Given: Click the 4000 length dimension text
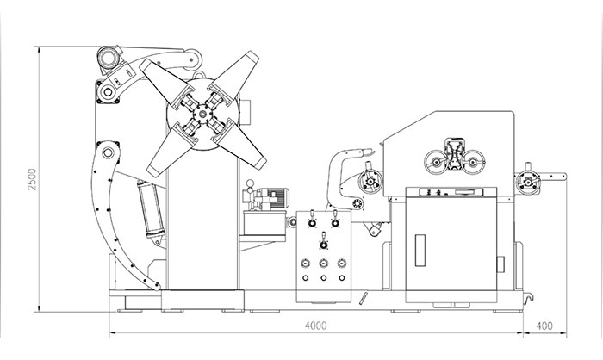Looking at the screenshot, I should coord(316,326).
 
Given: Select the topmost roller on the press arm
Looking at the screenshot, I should coord(110,59).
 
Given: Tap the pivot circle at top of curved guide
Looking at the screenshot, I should coord(108,155).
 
